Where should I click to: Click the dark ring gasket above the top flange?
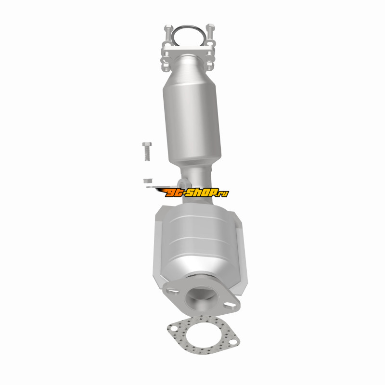tap(188, 26)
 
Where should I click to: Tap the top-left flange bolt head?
tap(168, 27)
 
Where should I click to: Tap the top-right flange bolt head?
tap(210, 26)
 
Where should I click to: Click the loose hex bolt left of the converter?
tap(147, 151)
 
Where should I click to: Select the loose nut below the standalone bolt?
tap(148, 181)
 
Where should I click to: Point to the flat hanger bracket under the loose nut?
tap(157, 187)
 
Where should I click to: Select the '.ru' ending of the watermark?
tap(223, 194)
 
